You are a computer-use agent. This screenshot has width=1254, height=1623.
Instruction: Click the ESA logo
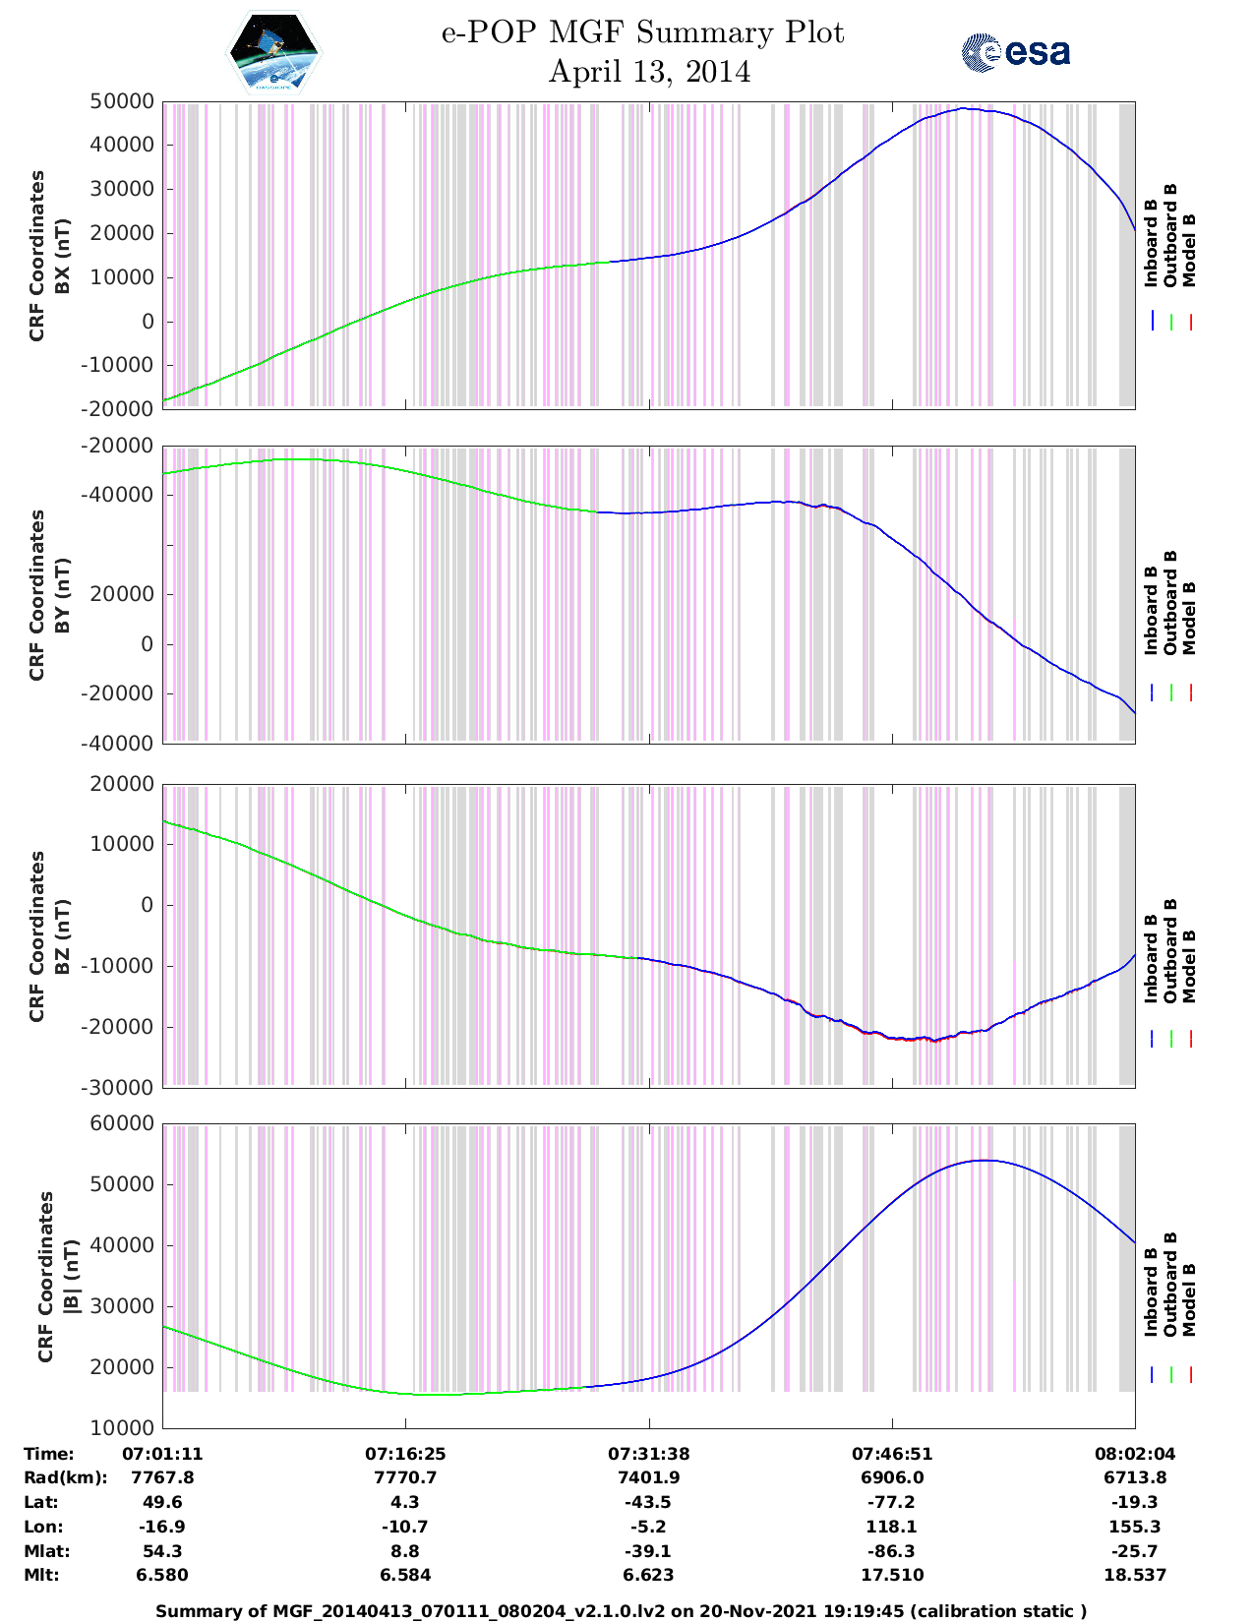point(1015,52)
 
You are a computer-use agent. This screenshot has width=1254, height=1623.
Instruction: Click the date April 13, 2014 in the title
point(649,72)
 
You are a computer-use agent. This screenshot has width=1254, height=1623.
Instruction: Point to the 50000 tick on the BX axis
point(122,101)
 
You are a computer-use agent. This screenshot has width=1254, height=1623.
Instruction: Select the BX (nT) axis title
point(62,256)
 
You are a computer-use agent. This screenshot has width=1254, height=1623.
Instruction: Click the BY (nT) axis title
point(62,594)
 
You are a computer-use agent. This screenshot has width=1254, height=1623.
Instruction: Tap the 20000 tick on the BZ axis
point(122,784)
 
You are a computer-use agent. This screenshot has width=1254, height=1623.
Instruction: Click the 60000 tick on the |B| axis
point(122,1123)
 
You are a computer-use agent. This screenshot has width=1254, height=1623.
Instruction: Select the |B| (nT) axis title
point(71,1277)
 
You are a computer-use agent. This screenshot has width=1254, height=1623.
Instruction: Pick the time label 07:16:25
point(405,1453)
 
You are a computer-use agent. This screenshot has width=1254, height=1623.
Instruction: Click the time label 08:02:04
point(1135,1453)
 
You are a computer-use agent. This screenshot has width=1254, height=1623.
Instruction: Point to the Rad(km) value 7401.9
point(649,1477)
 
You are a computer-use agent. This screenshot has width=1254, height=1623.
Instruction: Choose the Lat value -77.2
point(892,1502)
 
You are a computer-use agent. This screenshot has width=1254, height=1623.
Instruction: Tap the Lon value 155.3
point(1135,1527)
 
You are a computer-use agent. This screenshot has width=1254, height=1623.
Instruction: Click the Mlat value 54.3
point(162,1551)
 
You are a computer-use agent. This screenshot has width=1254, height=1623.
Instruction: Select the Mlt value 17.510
point(892,1575)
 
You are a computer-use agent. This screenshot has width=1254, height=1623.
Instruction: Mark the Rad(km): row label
point(65,1477)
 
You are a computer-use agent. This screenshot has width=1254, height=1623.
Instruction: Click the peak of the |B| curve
point(984,1161)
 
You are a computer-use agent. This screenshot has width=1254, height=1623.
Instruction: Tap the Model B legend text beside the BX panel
point(1189,250)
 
